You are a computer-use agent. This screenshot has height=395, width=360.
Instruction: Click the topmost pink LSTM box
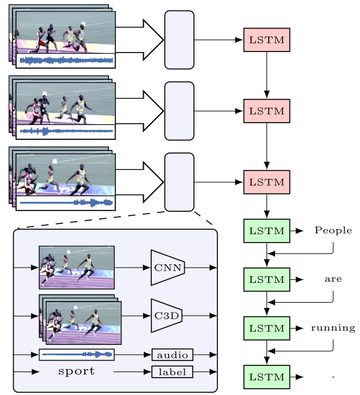pyautogui.click(x=266, y=40)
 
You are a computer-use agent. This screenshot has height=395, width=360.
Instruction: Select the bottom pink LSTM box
pyautogui.click(x=266, y=182)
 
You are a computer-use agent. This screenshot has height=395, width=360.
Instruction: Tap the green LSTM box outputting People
pyautogui.click(x=266, y=231)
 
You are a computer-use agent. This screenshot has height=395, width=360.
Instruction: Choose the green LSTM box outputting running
pyautogui.click(x=266, y=328)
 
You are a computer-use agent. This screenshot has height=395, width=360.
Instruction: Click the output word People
pyautogui.click(x=333, y=230)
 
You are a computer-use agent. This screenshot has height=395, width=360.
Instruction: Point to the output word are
pyautogui.click(x=333, y=279)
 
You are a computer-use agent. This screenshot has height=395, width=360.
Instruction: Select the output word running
pyautogui.click(x=333, y=328)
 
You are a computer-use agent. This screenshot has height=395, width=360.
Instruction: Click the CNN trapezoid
pyautogui.click(x=168, y=267)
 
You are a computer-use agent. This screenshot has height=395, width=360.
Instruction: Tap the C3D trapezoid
pyautogui.click(x=167, y=316)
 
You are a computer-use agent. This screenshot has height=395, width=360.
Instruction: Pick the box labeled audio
pyautogui.click(x=172, y=355)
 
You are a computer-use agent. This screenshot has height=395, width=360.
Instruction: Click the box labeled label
pyautogui.click(x=172, y=372)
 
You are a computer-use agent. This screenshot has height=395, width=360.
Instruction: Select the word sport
pyautogui.click(x=76, y=371)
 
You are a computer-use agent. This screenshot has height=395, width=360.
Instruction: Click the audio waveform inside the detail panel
pyautogui.click(x=77, y=355)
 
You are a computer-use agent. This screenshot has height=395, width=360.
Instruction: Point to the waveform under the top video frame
pyautogui.click(x=66, y=61)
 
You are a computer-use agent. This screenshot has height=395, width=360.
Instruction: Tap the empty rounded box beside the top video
pyautogui.click(x=179, y=40)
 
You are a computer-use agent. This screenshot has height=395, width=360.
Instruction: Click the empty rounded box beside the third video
pyautogui.click(x=179, y=182)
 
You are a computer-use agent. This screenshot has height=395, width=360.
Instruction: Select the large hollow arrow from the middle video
pyautogui.click(x=140, y=111)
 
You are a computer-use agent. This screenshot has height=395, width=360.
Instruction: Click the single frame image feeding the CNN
pyautogui.click(x=77, y=267)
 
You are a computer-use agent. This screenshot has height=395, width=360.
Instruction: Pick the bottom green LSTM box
pyautogui.click(x=266, y=377)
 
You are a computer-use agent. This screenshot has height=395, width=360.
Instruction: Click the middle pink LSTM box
pyautogui.click(x=266, y=111)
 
